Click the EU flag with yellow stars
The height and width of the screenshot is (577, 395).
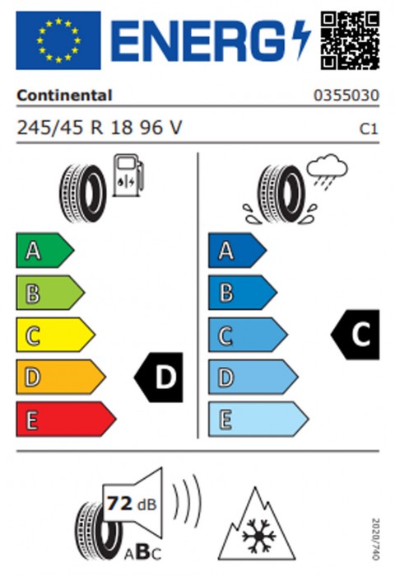point(58,40)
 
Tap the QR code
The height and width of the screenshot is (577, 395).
point(350,40)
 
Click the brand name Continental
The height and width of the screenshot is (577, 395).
point(64,96)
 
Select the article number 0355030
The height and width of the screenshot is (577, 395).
point(346,96)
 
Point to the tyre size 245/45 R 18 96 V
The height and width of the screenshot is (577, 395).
point(100,128)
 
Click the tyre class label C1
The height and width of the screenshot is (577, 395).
point(369,129)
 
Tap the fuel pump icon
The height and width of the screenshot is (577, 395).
point(128,175)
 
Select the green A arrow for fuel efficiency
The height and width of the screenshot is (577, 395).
point(44,251)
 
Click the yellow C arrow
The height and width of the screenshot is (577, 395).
point(55,335)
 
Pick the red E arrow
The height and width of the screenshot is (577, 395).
point(66,419)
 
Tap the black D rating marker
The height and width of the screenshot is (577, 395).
point(158,378)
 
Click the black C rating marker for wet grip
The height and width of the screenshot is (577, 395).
point(355,335)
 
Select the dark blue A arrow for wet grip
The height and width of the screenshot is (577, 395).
point(237,251)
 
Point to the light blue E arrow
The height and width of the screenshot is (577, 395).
point(258,419)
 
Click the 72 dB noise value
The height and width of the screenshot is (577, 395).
point(132,504)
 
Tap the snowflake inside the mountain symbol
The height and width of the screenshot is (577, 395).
point(258,536)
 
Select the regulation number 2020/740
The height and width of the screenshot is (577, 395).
point(375,539)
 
